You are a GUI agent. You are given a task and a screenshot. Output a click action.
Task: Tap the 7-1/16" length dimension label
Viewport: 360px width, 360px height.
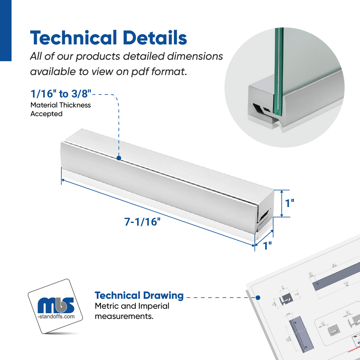pyautogui.click(x=142, y=222)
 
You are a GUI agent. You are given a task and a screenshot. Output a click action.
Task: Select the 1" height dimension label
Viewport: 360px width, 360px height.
pyautogui.click(x=289, y=203)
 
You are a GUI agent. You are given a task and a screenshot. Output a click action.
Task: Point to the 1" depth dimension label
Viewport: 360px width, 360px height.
pyautogui.click(x=267, y=245)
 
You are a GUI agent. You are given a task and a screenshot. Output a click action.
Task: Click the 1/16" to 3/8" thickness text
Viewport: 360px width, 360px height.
pyautogui.click(x=61, y=94)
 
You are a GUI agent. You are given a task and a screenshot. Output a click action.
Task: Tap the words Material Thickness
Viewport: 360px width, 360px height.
pyautogui.click(x=61, y=105)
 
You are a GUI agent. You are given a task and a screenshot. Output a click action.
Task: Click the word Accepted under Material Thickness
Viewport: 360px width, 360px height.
pyautogui.click(x=46, y=114)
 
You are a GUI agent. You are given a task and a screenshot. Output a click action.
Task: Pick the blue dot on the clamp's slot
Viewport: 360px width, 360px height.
pyautogui.click(x=119, y=158)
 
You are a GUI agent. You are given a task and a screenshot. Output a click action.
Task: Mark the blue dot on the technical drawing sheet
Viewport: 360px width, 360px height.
pyautogui.click(x=258, y=298)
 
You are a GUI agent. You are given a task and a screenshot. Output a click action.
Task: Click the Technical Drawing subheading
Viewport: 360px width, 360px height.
pyautogui.click(x=139, y=295)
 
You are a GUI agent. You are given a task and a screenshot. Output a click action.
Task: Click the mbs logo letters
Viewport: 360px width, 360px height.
pyautogui.click(x=56, y=305)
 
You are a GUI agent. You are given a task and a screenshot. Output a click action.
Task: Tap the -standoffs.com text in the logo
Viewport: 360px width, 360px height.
pyautogui.click(x=56, y=316)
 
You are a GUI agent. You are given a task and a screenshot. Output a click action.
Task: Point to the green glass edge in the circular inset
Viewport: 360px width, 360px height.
pyautogui.click(x=278, y=72)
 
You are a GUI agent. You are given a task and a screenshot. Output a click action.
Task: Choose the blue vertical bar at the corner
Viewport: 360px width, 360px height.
pyautogui.click(x=5, y=30)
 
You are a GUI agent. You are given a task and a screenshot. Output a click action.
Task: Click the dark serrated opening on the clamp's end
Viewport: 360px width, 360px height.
pyautogui.click(x=264, y=215)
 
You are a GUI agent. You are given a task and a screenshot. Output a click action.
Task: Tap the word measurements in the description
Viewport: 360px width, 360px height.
pyautogui.click(x=124, y=316)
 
